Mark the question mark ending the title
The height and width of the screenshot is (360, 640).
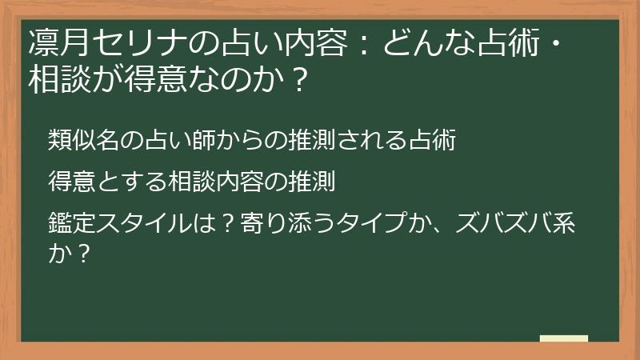click(296, 81)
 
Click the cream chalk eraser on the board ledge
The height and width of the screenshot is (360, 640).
click(563, 338)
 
